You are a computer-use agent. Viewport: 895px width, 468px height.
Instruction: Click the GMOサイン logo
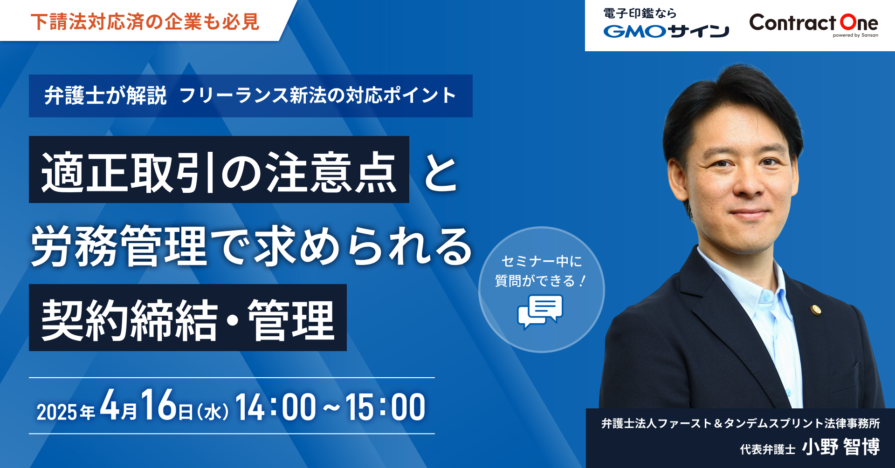[x=666, y=31]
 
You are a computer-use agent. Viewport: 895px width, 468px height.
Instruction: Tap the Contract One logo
[x=813, y=24]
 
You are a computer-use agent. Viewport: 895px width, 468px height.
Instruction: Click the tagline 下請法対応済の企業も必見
[x=145, y=22]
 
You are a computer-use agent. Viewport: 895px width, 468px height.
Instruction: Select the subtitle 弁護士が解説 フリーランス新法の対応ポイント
[x=250, y=95]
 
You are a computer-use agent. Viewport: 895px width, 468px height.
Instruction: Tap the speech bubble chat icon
[x=540, y=311]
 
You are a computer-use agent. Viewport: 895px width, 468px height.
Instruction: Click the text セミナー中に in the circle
[x=542, y=261]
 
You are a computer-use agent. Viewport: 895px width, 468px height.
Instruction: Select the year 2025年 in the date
[x=66, y=412]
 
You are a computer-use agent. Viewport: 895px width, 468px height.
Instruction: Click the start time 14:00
[x=275, y=407]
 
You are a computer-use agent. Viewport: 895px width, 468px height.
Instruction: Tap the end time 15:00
[x=385, y=407]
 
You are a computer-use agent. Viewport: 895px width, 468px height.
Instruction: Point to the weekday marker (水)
[x=213, y=412]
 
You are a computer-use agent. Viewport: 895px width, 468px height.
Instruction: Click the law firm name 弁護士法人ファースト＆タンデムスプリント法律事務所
[x=741, y=423]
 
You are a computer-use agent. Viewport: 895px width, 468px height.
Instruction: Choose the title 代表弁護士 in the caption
[x=768, y=449]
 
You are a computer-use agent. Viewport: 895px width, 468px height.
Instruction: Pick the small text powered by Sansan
[x=855, y=35]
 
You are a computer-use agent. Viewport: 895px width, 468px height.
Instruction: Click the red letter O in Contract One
[x=848, y=22]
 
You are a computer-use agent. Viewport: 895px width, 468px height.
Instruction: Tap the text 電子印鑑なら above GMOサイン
[x=640, y=14]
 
